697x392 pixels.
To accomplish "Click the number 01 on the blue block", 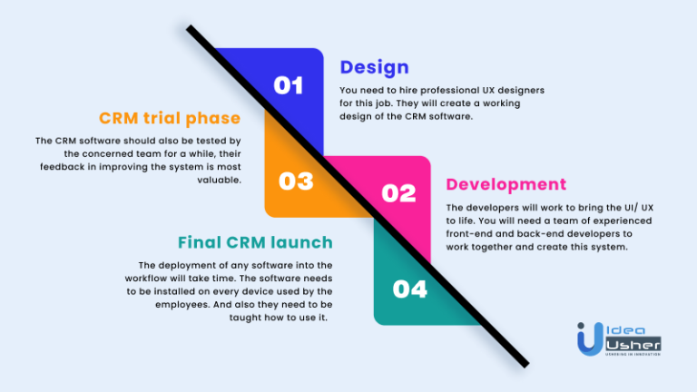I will coord(288,85).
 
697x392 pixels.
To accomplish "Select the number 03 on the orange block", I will coord(296,181).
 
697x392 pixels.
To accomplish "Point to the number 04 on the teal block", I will coord(409,289).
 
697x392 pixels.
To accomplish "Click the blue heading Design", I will coord(374,67).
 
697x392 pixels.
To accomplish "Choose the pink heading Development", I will coord(506,184).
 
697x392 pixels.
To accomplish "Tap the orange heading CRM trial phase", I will coord(170,118).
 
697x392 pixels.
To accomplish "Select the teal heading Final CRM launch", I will coord(255,242).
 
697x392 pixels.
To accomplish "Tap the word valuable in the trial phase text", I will coord(221,180).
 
